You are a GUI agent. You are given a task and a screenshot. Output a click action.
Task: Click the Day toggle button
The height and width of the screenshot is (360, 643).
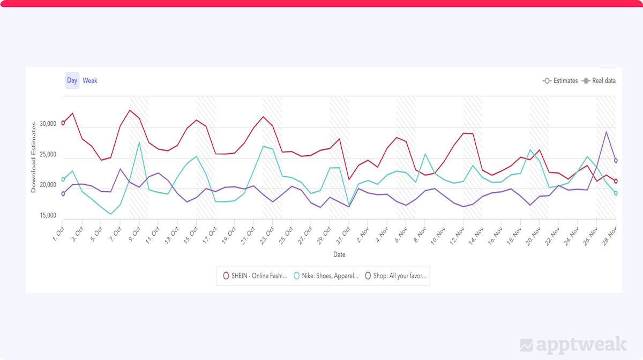click(x=72, y=80)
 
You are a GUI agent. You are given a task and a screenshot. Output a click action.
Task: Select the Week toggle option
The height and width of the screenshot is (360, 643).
click(x=90, y=80)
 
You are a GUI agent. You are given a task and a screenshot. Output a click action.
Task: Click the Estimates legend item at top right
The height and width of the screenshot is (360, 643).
click(x=560, y=81)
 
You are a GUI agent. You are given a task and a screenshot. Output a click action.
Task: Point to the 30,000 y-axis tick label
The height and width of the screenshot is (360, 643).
click(x=45, y=124)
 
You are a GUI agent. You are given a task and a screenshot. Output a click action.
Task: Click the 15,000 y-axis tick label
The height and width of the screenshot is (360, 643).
click(x=45, y=216)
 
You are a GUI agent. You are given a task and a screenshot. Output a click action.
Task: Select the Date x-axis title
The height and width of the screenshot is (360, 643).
click(x=339, y=254)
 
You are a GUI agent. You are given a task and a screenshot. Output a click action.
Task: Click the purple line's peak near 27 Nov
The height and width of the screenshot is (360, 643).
click(x=606, y=132)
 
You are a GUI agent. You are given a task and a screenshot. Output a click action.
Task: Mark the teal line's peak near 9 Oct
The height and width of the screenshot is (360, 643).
click(x=139, y=142)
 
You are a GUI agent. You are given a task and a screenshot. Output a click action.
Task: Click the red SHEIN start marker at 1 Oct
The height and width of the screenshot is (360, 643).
click(x=63, y=123)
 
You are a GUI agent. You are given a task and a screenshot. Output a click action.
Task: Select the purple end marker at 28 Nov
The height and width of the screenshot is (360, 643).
click(x=616, y=160)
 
